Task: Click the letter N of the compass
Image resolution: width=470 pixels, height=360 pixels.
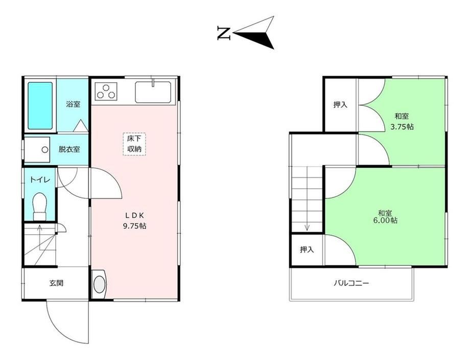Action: (224, 33)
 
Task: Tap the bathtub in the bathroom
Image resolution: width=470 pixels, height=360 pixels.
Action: (40, 106)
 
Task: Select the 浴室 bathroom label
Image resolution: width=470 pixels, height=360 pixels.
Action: (73, 104)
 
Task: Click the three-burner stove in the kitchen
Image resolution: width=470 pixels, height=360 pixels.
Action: (106, 91)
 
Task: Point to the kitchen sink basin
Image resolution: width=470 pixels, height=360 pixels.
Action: (153, 92)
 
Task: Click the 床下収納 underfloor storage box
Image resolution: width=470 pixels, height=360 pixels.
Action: (134, 144)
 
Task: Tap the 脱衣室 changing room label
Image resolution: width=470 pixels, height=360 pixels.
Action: (69, 149)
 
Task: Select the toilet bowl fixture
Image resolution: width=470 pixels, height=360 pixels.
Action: (39, 206)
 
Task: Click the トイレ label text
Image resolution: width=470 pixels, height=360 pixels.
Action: (39, 180)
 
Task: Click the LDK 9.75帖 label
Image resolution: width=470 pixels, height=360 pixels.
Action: (134, 220)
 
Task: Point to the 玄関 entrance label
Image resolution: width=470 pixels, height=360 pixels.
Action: (56, 283)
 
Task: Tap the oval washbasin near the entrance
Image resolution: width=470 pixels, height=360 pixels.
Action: (100, 284)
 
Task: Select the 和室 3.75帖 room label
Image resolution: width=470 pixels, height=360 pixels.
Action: (402, 121)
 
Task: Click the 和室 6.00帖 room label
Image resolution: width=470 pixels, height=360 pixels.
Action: (386, 217)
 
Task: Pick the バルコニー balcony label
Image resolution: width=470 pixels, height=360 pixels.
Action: (351, 283)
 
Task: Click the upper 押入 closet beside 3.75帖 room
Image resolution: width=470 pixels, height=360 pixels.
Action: (340, 105)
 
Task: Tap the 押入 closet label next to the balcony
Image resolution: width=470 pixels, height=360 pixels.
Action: (307, 250)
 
